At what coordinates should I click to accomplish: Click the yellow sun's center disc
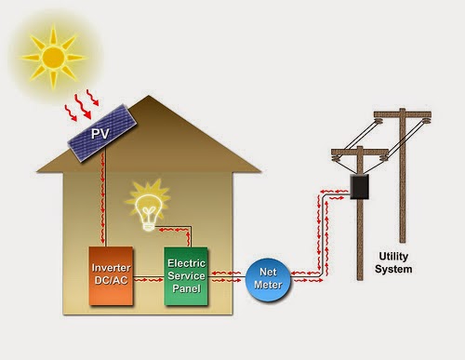pos(53,57)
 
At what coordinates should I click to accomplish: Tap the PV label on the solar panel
pos(100,134)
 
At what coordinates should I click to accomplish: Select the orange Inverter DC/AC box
pos(111,275)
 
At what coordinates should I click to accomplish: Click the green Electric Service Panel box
pos(186,276)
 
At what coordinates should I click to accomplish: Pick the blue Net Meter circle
pos(268,280)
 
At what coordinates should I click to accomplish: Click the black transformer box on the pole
pos(360,187)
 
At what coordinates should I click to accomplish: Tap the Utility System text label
pos(393,262)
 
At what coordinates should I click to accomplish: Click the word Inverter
pos(111,268)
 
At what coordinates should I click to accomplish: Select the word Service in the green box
pos(186,275)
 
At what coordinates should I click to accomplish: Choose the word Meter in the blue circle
pos(268,285)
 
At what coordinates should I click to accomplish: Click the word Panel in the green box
pos(186,288)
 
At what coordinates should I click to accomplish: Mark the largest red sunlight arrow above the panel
pos(83,107)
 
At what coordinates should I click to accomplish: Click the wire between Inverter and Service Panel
pos(149,276)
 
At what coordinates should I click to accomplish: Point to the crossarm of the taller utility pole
pos(403,114)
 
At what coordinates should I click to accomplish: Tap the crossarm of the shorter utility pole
pos(360,153)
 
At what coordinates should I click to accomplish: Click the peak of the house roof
pos(149,96)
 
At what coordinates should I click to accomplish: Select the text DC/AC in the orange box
pos(111,280)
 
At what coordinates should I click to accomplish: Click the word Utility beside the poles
pos(393,257)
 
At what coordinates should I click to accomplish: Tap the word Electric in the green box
pos(186,263)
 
